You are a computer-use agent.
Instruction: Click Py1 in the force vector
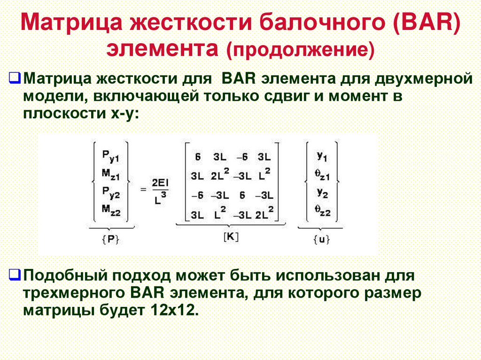pos(111,156)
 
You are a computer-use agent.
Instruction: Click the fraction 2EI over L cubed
pos(160,190)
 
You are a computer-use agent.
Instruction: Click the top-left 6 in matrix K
pos(198,157)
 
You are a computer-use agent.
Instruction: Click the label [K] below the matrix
pos(230,237)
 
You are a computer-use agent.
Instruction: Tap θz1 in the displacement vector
pos(322,176)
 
